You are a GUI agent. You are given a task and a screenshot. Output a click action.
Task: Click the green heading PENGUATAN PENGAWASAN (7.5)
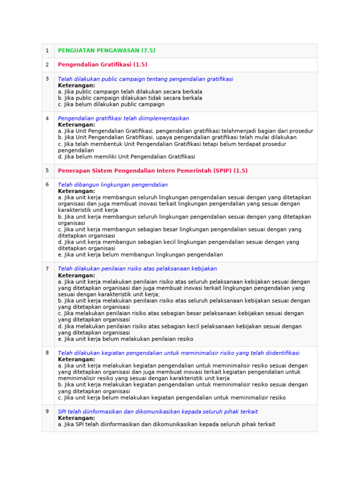tap(106, 51)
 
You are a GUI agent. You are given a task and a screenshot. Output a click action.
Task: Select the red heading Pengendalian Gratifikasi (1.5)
tap(102, 65)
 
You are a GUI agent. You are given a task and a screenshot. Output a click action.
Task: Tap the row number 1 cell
tap(47, 51)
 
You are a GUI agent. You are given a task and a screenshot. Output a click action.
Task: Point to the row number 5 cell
tap(47, 171)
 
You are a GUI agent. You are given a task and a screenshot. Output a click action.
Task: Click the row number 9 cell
tap(47, 412)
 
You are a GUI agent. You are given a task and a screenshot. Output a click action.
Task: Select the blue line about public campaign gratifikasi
tap(145, 79)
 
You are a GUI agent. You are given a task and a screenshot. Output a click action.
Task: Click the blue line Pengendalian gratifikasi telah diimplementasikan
tap(123, 119)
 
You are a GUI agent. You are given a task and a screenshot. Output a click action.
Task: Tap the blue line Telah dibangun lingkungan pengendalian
tap(112, 185)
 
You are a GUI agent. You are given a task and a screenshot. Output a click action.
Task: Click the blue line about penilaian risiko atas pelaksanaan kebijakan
tap(137, 269)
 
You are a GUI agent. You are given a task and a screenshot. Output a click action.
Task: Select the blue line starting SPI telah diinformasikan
tap(157, 412)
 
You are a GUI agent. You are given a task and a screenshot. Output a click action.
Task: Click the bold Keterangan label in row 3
tap(76, 86)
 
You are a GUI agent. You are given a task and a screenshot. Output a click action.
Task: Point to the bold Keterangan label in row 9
tap(76, 418)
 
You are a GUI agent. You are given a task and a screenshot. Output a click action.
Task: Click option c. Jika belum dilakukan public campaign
tap(111, 105)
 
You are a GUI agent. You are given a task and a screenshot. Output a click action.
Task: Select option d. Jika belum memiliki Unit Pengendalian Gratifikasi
tap(127, 157)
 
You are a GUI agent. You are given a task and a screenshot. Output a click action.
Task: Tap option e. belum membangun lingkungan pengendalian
tap(140, 255)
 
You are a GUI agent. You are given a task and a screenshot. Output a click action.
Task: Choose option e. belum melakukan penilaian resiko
tap(126, 339)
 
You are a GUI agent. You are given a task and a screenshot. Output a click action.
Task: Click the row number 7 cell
tap(47, 269)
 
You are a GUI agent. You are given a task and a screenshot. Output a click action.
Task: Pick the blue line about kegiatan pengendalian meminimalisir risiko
tap(178, 353)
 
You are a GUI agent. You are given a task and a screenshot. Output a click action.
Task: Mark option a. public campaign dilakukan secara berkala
tap(130, 92)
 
